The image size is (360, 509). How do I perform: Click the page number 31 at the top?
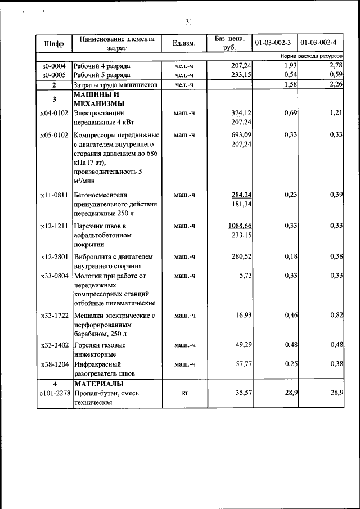188,22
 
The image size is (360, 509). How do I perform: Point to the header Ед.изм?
183,43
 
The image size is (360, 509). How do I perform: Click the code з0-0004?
54,66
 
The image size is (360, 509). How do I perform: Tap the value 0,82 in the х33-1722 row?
336,315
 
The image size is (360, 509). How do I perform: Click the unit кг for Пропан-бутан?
184,393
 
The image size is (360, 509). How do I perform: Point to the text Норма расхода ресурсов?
312,57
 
